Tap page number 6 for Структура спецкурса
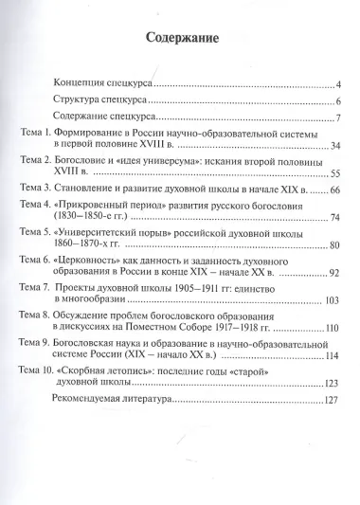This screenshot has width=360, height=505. [336, 101]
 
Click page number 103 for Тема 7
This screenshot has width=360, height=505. [332, 302]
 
